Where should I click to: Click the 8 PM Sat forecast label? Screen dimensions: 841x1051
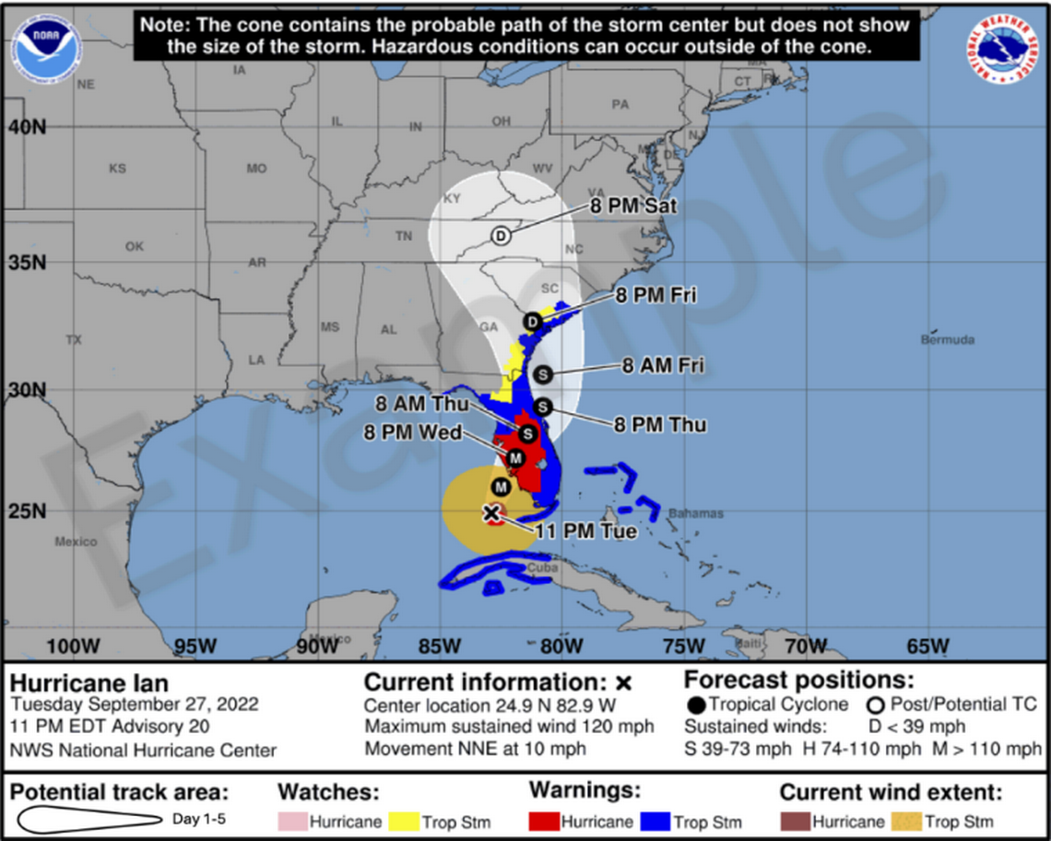(633, 206)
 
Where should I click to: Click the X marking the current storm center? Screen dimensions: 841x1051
(491, 513)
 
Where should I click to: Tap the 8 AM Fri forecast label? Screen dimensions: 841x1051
(662, 366)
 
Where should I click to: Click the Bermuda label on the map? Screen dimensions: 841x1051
(947, 340)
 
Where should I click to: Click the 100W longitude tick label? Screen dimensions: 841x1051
(72, 646)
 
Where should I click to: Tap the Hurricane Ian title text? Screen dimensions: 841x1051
(89, 683)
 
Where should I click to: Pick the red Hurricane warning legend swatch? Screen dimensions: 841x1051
(545, 821)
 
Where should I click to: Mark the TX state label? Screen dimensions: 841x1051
(74, 340)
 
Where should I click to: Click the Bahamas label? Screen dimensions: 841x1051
(696, 514)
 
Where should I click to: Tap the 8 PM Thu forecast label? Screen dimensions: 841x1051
(660, 424)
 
